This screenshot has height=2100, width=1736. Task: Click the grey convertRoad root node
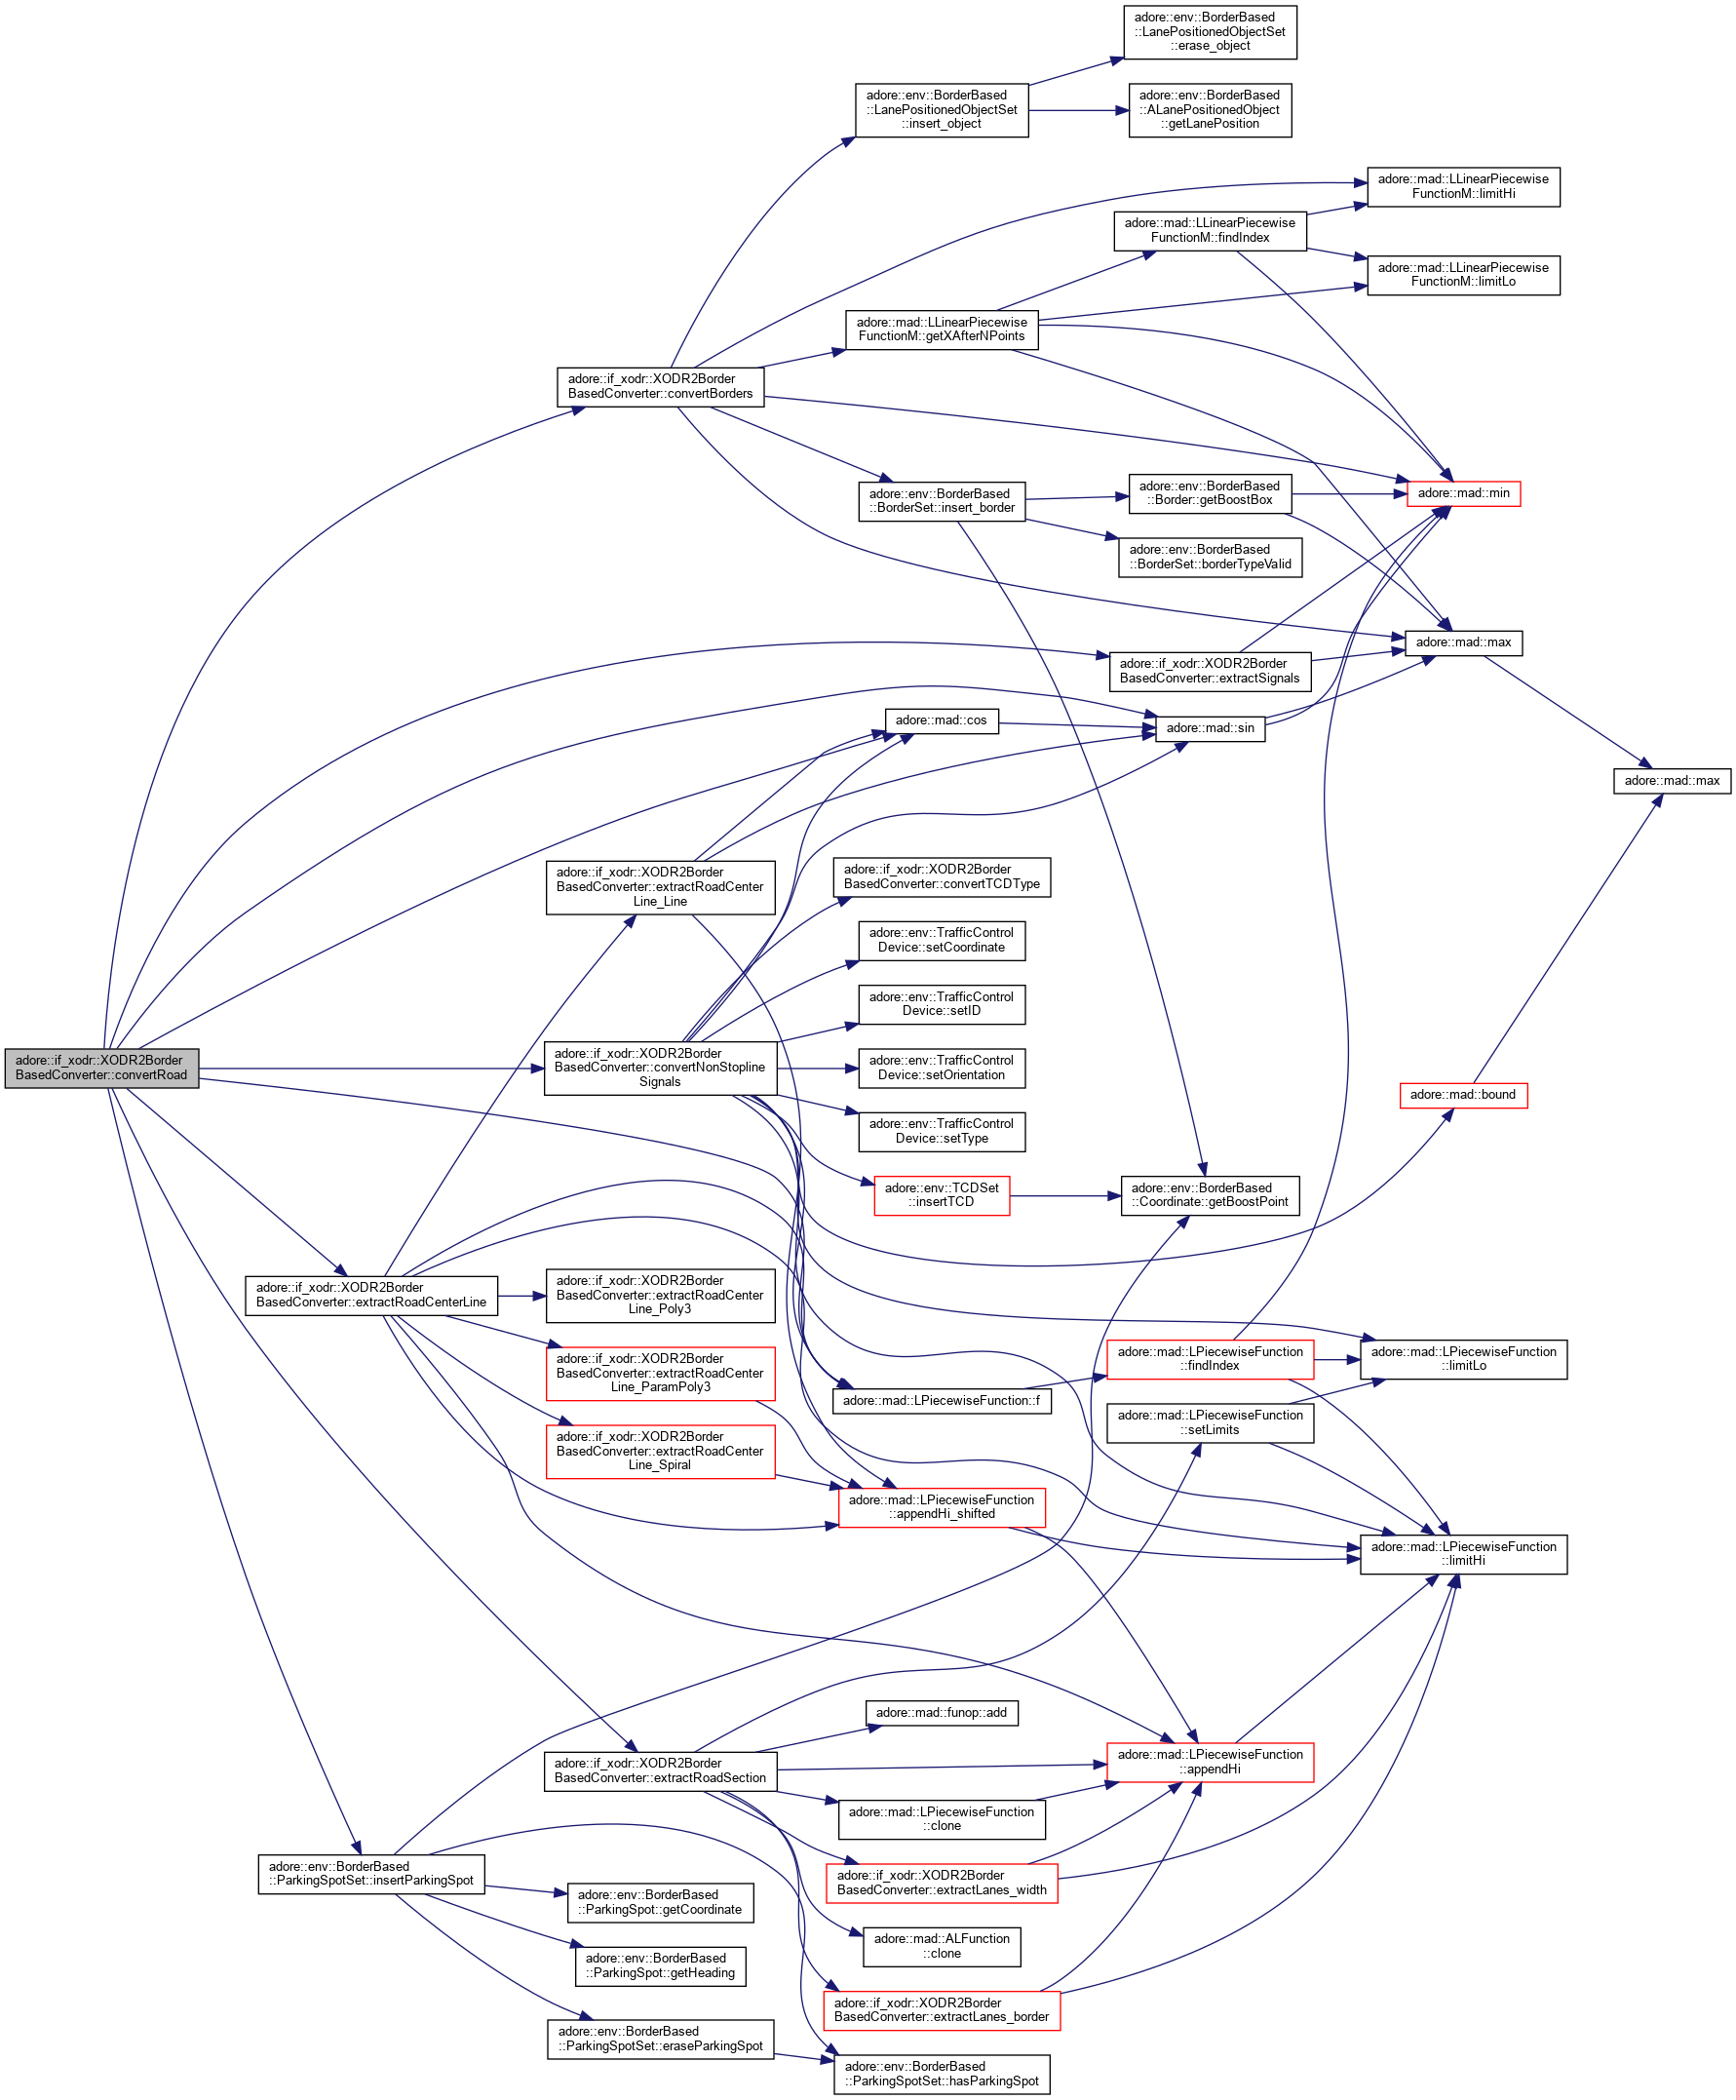101,1067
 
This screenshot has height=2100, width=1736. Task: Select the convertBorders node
660,386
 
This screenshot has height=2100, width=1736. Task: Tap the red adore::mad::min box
1463,493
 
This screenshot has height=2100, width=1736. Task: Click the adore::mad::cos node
941,720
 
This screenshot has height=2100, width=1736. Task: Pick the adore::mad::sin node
1210,728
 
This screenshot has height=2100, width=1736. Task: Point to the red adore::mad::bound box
1463,1095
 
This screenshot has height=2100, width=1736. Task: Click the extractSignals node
1209,671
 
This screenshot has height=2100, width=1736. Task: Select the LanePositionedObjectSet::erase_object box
1210,32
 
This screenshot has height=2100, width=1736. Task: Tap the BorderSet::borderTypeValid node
1210,557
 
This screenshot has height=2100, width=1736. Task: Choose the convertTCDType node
941,877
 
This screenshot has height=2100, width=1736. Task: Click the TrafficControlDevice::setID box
941,1004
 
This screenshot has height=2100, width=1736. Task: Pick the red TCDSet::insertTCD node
941,1195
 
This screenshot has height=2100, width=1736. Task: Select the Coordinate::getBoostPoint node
1210,1195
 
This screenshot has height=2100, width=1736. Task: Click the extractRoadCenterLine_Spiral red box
660,1450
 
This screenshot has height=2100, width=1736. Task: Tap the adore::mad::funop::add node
941,1713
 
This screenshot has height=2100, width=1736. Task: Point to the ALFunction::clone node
941,1946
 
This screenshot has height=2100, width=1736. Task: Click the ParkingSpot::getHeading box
660,1966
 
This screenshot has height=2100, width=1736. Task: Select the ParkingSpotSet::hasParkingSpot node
941,2074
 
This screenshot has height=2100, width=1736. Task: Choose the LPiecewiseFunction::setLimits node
1210,1422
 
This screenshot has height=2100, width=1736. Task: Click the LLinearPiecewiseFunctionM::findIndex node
1210,230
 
